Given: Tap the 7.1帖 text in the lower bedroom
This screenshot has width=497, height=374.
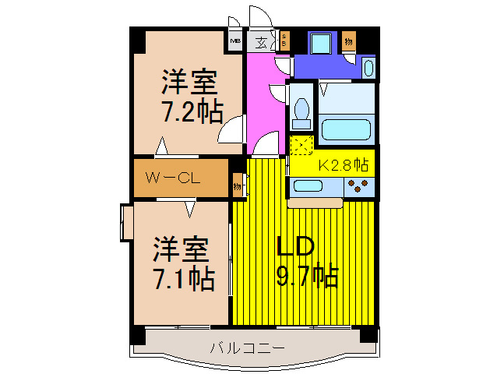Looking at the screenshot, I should click(x=183, y=277).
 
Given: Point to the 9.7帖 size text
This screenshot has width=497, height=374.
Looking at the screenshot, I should click(x=308, y=277).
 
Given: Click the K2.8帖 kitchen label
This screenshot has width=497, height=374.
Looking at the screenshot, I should click(x=344, y=164).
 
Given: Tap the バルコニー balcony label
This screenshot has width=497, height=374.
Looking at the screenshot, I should click(x=245, y=348).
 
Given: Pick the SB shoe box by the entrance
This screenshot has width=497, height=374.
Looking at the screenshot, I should click(x=285, y=41).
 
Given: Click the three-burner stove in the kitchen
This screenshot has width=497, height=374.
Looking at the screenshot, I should click(x=359, y=187).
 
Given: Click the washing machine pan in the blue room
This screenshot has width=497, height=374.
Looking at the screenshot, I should click(x=320, y=43).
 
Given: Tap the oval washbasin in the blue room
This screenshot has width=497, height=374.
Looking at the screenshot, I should click(x=368, y=69).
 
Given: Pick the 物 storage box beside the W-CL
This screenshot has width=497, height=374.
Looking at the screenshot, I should click(x=237, y=186).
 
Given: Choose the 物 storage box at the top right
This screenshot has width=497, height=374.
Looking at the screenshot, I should click(x=349, y=41).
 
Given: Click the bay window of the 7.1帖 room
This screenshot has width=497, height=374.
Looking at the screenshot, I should click(x=125, y=224).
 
